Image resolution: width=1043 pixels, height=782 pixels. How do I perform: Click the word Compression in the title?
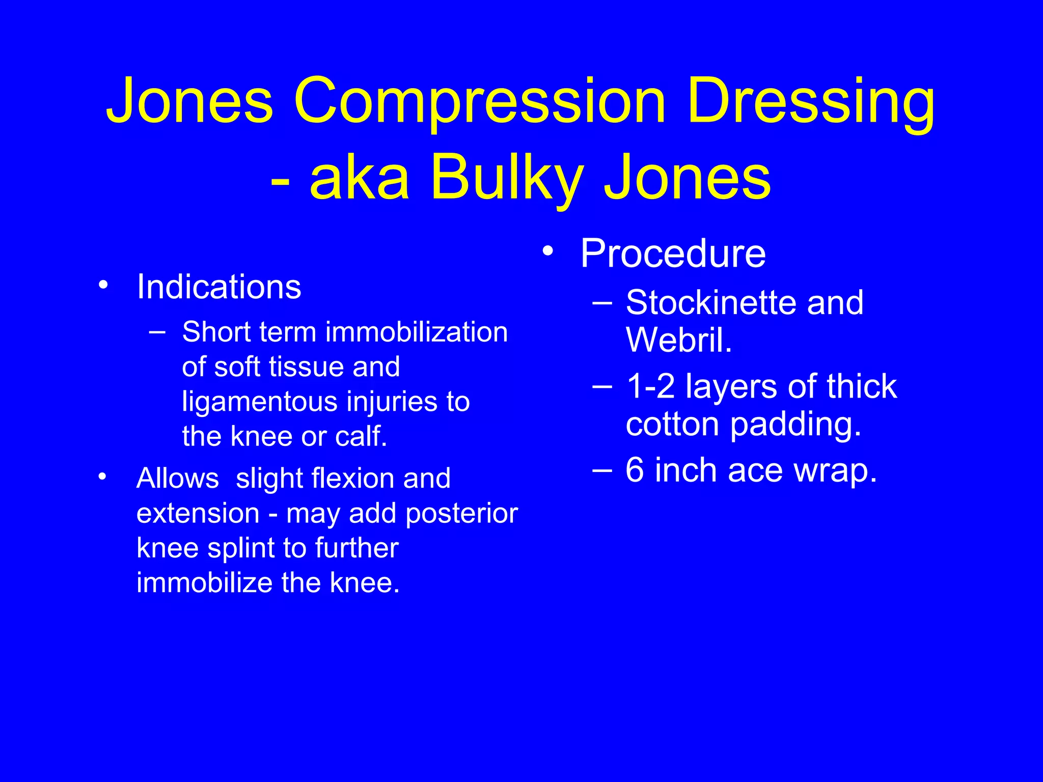click(480, 102)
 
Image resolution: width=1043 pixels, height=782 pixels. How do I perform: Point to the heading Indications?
click(219, 287)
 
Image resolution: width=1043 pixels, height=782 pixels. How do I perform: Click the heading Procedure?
click(673, 254)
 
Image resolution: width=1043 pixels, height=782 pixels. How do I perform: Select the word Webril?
click(678, 340)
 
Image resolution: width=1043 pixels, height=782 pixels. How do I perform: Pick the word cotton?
click(673, 424)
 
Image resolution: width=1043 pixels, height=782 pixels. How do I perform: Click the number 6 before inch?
click(635, 470)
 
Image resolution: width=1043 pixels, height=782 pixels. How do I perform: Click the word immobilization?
click(416, 332)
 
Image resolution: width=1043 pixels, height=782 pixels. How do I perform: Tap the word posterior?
click(462, 514)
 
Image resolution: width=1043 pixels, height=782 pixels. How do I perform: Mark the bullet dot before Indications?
click(103, 285)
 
